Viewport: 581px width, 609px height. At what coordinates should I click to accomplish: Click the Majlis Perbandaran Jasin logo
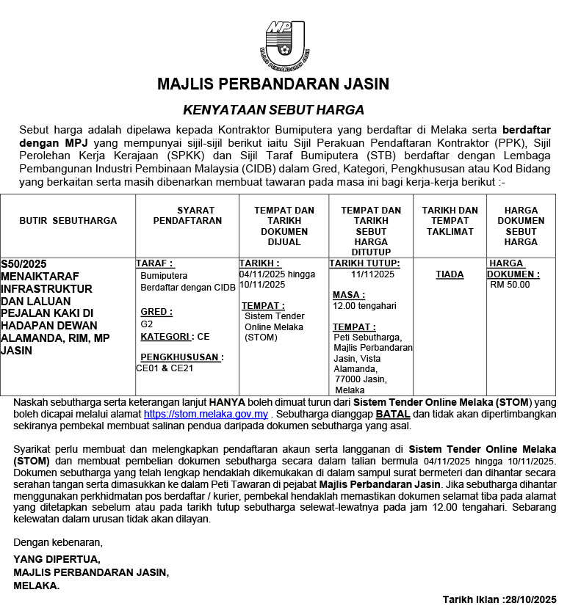click(284, 43)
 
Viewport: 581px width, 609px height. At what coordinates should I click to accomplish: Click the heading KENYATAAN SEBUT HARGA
click(273, 110)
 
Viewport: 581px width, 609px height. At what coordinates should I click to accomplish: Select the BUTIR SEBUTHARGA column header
click(68, 220)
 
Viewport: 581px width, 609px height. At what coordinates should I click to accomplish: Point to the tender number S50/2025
click(24, 263)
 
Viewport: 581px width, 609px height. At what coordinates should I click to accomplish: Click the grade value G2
click(147, 324)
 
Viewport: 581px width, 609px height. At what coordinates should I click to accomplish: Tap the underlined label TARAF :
click(155, 263)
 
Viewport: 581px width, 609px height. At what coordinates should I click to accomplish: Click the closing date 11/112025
click(372, 274)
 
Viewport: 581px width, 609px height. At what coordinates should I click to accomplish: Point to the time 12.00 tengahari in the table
click(364, 305)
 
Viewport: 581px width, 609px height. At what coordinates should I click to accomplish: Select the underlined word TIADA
click(450, 274)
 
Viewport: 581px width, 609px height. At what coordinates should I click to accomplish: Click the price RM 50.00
click(510, 285)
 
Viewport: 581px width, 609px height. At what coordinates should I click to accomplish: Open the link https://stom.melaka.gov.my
click(206, 414)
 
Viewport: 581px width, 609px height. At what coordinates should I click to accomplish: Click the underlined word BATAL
click(393, 414)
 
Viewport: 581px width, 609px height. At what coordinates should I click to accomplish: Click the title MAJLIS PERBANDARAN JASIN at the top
click(273, 84)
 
